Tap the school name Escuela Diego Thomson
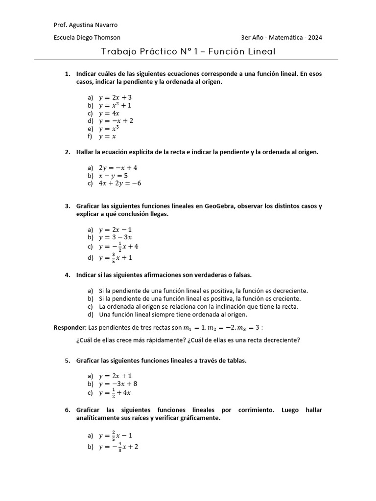(87, 38)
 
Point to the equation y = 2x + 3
(115, 97)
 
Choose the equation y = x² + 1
(115, 105)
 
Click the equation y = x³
(109, 129)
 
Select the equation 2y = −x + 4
(118, 168)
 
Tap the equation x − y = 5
(113, 176)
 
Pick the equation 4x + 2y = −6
(120, 183)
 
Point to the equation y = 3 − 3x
(115, 237)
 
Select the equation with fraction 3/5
(116, 258)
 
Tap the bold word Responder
(70, 327)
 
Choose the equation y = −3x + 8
(118, 384)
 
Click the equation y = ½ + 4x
(115, 393)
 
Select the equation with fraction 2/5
(116, 435)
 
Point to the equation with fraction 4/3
(118, 447)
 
